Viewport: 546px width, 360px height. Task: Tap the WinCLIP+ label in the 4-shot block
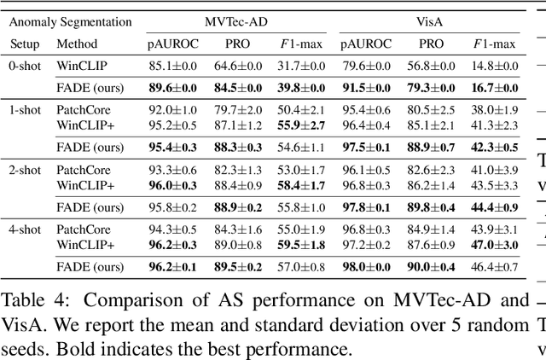(x=85, y=245)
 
